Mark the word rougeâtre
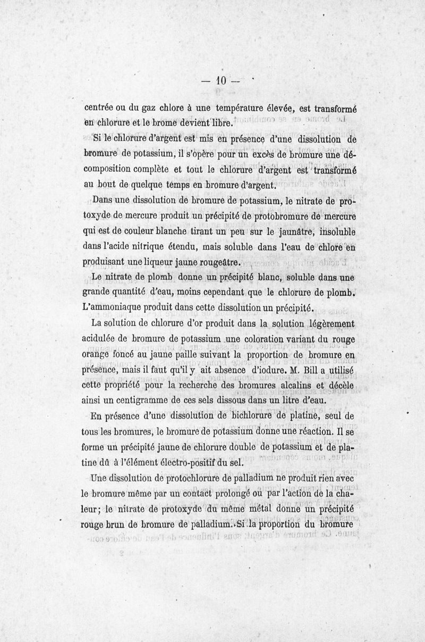point(218,263)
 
